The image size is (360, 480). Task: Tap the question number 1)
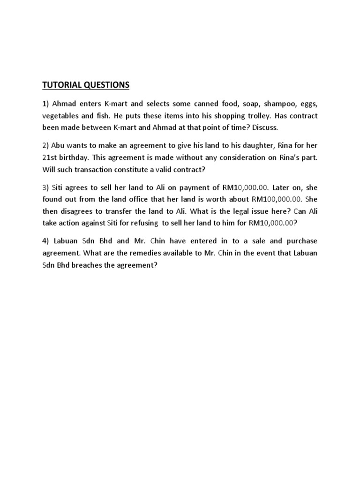46,103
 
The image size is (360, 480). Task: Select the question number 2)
46,145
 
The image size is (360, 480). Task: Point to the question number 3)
46,187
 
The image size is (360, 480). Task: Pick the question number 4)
46,241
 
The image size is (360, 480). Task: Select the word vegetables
60,115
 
